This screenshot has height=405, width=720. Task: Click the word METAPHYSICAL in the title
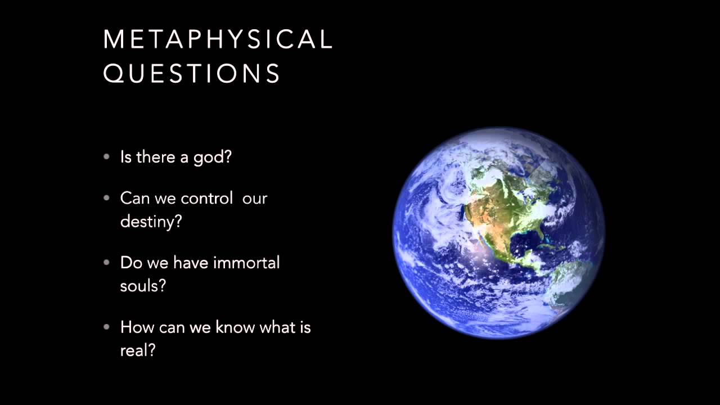218,39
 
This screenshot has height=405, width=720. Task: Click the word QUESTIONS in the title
192,74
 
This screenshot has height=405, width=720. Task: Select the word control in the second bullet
207,199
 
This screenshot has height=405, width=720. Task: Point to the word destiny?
151,222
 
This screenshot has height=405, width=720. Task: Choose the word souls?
143,286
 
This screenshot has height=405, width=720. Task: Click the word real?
138,350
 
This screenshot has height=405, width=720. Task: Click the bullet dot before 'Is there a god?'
107,157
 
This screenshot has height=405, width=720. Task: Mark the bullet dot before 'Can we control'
107,199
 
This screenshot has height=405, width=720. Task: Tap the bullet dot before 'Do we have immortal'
107,263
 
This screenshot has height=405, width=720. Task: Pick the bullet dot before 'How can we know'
107,327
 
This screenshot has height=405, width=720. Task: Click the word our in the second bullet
255,199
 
